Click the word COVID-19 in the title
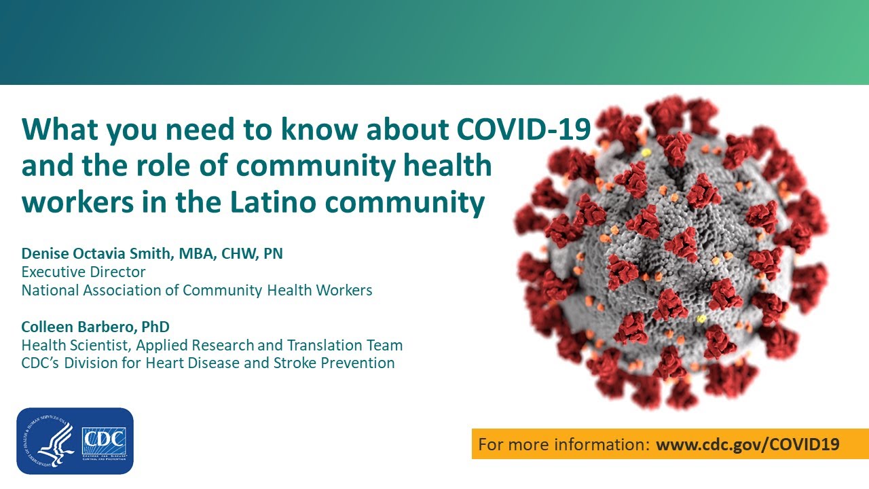523,129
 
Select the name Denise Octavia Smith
96,253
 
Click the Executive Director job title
84,272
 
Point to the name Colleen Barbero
77,327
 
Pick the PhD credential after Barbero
155,327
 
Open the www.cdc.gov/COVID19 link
747,444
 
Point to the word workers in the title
77,202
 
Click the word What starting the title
60,129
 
